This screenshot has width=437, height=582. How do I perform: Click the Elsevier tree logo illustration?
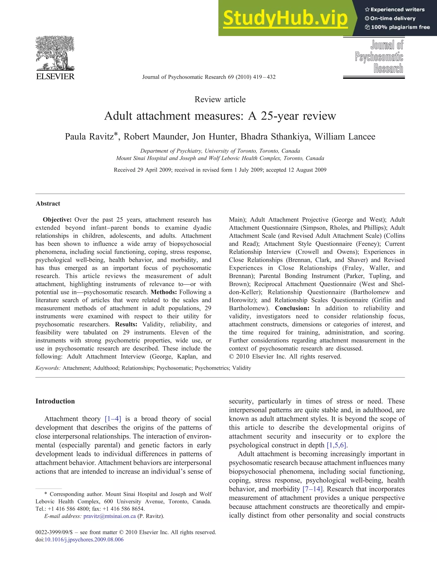[55, 53]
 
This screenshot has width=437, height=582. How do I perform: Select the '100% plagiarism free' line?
[398, 27]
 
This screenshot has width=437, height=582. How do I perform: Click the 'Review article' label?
[220, 100]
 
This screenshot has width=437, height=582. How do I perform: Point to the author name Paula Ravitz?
[90, 137]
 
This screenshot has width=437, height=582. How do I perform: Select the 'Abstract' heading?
[48, 204]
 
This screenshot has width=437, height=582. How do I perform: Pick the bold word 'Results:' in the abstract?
[126, 324]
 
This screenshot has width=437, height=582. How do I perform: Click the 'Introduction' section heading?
[55, 401]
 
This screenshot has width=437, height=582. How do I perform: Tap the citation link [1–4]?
[113, 419]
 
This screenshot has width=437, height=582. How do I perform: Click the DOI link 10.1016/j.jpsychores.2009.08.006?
[84, 540]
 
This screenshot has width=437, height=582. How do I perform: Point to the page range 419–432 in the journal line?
[264, 77]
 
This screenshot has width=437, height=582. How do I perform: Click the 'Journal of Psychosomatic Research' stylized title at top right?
[379, 56]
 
